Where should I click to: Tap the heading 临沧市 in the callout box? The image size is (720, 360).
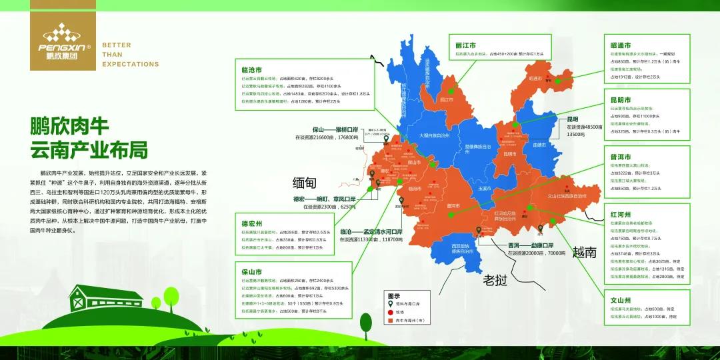251,69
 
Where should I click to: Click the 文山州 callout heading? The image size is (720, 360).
620,300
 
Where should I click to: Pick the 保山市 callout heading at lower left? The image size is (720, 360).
251,272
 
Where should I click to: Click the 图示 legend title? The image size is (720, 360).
393,295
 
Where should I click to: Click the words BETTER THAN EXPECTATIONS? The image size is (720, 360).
130,55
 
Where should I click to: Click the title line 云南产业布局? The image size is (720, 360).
89,149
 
